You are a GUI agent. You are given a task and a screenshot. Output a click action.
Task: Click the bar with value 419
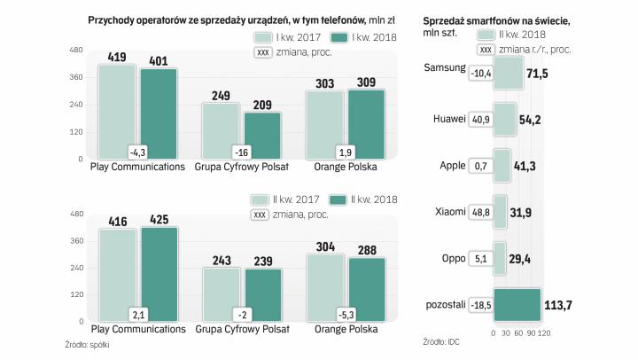(117, 111)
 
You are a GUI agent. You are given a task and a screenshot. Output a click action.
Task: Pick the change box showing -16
(242, 151)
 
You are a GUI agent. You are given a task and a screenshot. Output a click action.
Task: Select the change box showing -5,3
(346, 314)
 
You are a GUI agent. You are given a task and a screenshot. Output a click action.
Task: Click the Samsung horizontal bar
(508, 74)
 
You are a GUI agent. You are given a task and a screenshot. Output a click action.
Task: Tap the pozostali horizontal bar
(517, 304)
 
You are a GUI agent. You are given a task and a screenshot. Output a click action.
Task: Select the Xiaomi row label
(449, 211)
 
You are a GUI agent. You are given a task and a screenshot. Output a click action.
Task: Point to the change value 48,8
(478, 211)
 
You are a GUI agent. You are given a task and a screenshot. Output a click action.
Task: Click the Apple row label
(452, 165)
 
